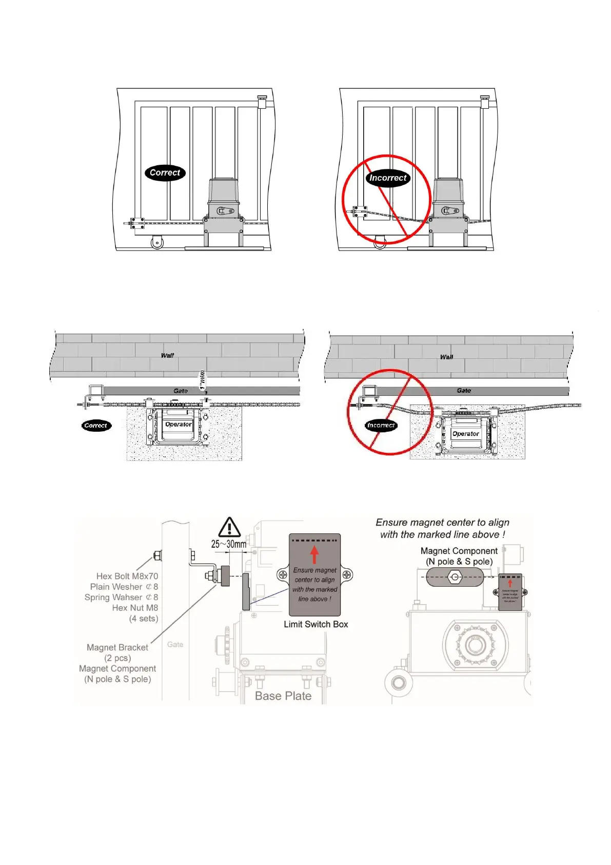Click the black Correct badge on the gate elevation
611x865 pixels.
(x=165, y=173)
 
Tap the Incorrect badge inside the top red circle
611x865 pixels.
(x=388, y=178)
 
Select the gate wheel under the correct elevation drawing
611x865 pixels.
(x=157, y=242)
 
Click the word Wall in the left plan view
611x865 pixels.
(x=167, y=355)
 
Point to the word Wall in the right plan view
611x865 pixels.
(x=446, y=357)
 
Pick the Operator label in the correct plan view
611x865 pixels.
(x=179, y=425)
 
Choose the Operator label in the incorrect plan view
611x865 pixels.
(x=466, y=434)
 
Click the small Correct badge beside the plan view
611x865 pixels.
(x=96, y=426)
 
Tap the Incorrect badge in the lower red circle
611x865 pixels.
(x=381, y=426)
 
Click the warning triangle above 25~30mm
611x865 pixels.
(x=229, y=528)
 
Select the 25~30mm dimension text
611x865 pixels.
(x=229, y=544)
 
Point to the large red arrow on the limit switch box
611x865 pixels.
(x=314, y=554)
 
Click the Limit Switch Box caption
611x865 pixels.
(x=316, y=624)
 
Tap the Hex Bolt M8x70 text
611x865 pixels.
(x=127, y=576)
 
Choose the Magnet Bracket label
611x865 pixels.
(x=117, y=647)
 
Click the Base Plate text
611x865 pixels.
(x=283, y=696)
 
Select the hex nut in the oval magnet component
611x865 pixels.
(x=455, y=577)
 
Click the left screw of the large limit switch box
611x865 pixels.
(x=283, y=575)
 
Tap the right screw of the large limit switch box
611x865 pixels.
(x=347, y=575)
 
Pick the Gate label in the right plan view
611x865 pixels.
(x=464, y=391)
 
